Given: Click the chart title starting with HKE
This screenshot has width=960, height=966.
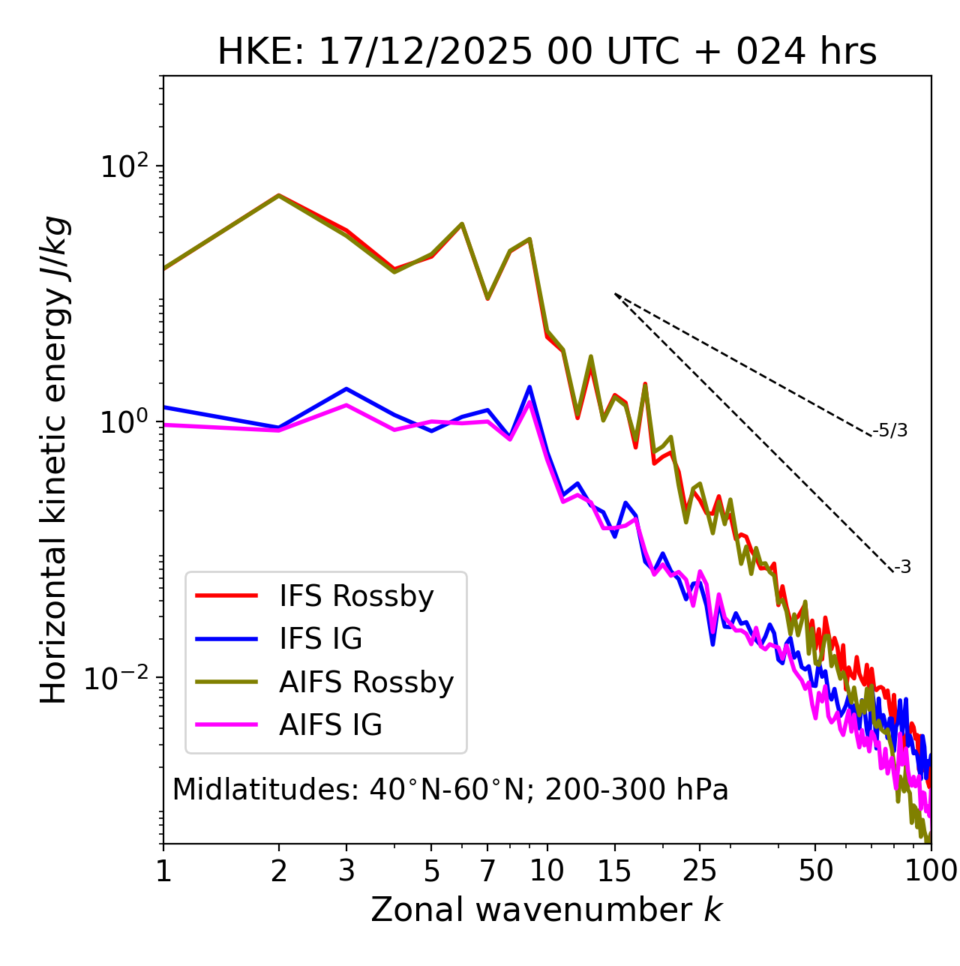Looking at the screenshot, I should click(547, 52).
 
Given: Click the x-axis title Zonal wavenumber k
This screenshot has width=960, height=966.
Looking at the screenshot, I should click(547, 910).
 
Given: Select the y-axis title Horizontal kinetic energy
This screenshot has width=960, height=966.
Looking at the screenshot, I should click(55, 460).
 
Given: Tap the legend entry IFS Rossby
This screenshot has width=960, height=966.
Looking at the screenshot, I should click(356, 596).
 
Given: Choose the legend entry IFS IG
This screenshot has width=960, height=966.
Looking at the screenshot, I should click(320, 639).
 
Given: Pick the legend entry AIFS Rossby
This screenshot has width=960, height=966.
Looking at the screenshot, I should click(366, 682).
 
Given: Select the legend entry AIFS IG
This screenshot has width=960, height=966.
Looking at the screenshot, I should click(331, 725).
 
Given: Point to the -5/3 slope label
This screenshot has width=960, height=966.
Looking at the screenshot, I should click(890, 430).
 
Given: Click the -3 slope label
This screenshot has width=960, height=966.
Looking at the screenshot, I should click(902, 567).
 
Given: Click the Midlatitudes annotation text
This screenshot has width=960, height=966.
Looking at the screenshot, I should click(450, 790).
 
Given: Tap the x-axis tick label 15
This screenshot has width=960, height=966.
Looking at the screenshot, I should click(615, 871).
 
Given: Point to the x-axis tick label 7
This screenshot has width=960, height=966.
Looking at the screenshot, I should click(487, 871).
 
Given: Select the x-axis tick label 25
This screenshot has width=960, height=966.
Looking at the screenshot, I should click(700, 871).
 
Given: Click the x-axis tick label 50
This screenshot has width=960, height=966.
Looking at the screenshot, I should click(815, 871).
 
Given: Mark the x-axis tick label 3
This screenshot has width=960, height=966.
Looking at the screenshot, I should click(346, 871).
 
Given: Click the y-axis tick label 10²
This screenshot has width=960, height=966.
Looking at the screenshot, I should click(123, 166).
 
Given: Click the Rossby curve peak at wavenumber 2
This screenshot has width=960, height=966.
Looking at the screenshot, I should click(279, 195).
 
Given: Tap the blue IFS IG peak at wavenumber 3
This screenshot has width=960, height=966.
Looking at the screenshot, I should click(346, 388).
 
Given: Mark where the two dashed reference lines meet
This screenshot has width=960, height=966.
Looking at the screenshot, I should click(615, 294).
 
